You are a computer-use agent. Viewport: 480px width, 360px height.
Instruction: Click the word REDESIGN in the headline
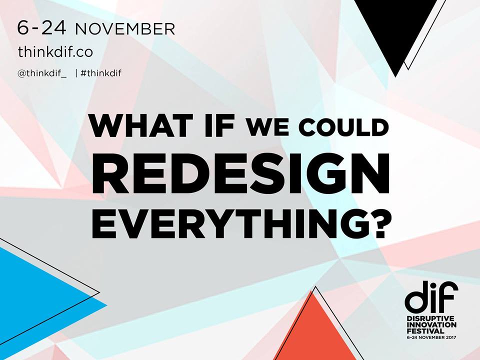(240, 173)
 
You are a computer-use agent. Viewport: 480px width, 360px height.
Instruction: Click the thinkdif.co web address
(55, 51)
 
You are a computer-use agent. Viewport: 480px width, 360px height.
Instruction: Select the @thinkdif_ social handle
(41, 73)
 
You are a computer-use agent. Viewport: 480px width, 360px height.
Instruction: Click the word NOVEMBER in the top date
(125, 29)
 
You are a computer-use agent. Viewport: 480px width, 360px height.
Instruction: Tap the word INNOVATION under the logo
(431, 325)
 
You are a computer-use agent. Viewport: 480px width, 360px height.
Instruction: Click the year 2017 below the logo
(450, 337)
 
